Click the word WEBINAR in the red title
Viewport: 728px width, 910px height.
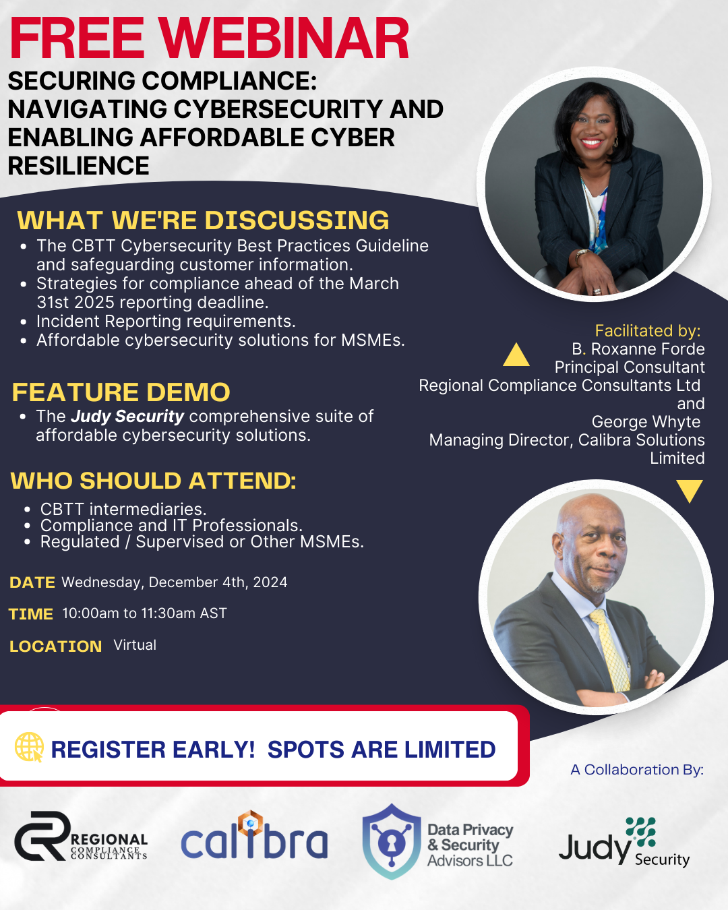point(284,38)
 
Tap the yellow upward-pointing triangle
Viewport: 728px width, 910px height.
point(516,355)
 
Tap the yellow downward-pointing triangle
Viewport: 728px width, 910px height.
point(689,491)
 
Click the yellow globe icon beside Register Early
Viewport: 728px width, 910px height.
point(29,747)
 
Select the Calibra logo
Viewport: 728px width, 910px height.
point(254,836)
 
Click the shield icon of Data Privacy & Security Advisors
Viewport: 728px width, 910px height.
point(392,841)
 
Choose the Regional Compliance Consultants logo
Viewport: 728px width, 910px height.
point(81,836)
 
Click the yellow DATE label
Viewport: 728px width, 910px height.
point(32,582)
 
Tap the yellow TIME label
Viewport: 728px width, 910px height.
point(31,614)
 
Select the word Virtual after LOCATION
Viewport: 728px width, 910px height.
point(135,645)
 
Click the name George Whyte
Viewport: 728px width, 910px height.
point(646,421)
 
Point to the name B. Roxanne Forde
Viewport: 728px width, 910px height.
point(638,349)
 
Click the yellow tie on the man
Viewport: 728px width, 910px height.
point(611,650)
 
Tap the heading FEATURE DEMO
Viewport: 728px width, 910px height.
point(121,392)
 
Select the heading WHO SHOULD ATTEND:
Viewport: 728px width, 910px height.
point(154,481)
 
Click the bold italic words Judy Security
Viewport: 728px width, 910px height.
point(127,417)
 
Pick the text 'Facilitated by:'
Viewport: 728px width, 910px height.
point(648,331)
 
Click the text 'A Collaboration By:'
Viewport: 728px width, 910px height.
point(637,770)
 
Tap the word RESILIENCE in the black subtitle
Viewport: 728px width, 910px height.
point(79,165)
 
